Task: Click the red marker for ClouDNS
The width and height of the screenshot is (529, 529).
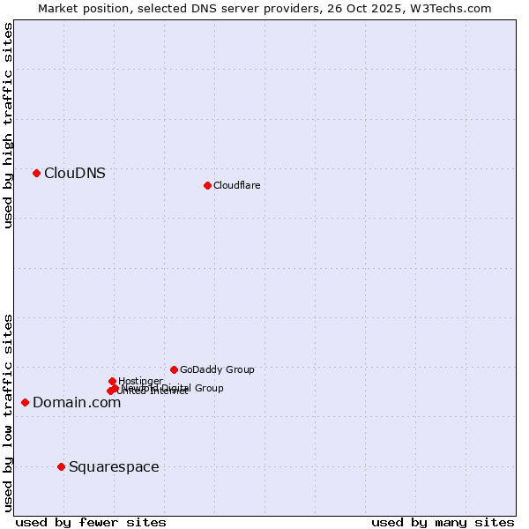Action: (36, 173)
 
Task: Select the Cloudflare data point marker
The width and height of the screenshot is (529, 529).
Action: (207, 185)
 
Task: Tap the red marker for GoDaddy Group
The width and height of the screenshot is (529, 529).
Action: (174, 369)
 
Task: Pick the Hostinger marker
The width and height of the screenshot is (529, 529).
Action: (112, 381)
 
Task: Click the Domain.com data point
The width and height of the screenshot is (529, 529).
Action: (25, 402)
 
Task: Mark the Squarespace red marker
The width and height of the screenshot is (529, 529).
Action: (61, 466)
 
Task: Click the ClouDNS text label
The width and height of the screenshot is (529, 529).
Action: (75, 174)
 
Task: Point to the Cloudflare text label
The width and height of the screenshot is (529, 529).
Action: (236, 185)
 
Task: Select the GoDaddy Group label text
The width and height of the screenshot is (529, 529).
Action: (217, 370)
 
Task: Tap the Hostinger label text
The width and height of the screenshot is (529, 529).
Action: (140, 381)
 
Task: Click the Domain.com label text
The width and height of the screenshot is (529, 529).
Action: (77, 403)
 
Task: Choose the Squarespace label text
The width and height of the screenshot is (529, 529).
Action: (114, 467)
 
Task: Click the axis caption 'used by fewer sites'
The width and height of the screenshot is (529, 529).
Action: (91, 522)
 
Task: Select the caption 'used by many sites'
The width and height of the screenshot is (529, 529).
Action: (443, 522)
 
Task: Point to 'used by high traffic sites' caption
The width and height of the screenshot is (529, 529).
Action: (8, 125)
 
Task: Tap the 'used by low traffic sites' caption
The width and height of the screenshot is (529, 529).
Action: (8, 412)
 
